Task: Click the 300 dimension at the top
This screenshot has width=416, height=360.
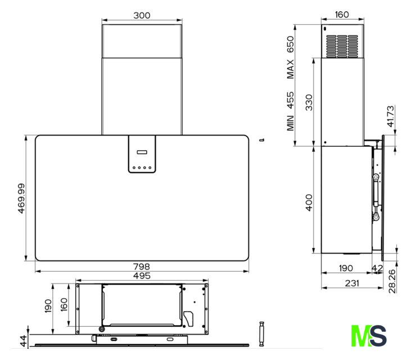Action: [142, 15]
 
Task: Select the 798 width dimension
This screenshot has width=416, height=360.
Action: [142, 266]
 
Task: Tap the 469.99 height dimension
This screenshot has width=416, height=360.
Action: [21, 198]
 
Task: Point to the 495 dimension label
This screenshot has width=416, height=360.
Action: [142, 276]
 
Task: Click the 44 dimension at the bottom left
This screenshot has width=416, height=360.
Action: [24, 341]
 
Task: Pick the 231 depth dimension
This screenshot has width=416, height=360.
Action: [352, 283]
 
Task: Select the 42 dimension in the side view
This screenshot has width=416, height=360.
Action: [377, 268]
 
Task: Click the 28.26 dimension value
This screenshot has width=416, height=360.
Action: [392, 281]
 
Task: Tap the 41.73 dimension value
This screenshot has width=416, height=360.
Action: [391, 116]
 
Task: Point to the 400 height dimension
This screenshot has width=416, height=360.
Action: [309, 202]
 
